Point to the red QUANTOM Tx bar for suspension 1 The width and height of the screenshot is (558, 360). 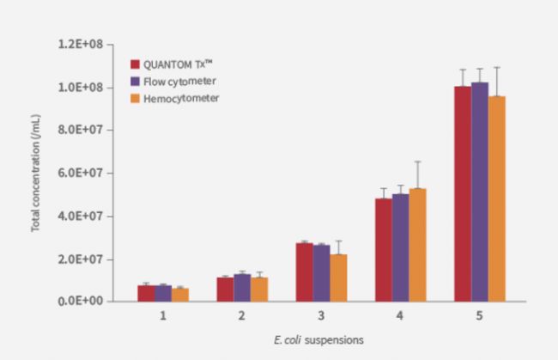[146, 293]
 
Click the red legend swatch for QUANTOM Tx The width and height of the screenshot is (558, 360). [135, 64]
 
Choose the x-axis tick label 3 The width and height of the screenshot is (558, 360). [321, 316]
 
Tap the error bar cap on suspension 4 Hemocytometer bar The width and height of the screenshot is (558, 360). [417, 162]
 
